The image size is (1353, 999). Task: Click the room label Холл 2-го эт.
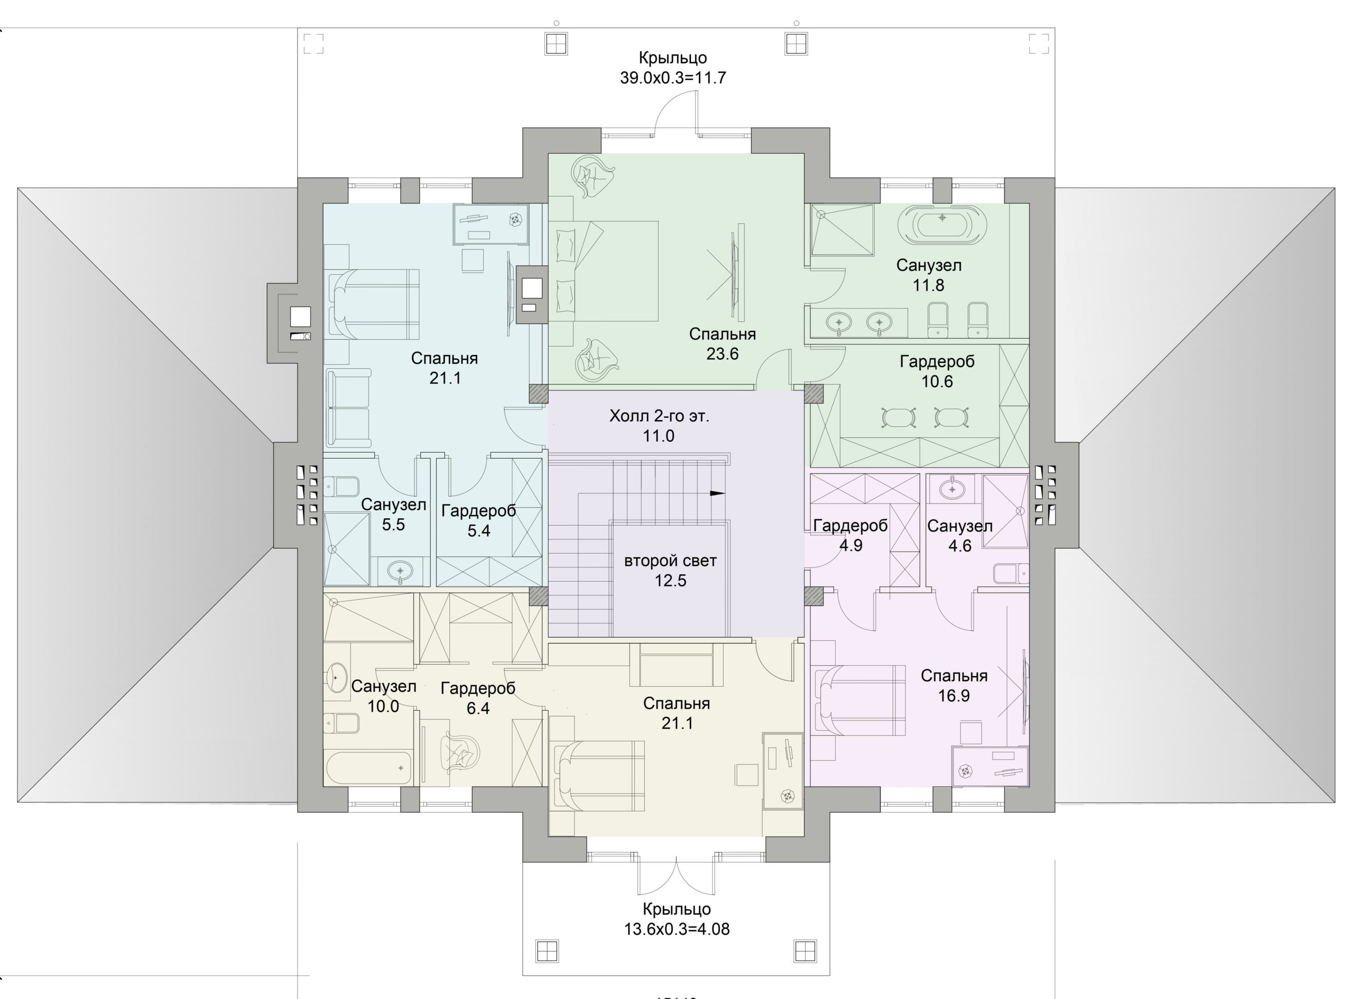(659, 416)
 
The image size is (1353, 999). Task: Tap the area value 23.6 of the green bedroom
(722, 354)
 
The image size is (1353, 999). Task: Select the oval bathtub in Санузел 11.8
(942, 225)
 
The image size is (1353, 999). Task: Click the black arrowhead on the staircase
(717, 493)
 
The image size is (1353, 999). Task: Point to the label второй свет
(670, 561)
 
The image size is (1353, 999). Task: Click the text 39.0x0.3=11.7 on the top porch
(673, 78)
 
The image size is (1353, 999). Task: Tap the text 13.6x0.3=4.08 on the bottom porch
(677, 929)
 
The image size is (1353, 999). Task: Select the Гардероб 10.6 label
(937, 371)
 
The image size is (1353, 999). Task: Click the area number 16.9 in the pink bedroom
(954, 696)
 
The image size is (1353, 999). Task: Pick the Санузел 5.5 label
(394, 515)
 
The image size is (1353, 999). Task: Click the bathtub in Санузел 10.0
(369, 768)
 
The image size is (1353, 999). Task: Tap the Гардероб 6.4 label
(478, 698)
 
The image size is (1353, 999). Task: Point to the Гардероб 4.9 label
(850, 535)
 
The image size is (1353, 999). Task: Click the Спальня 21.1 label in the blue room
(444, 368)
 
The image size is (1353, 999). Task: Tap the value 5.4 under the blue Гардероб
(478, 531)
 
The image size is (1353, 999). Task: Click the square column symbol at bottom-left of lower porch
(547, 950)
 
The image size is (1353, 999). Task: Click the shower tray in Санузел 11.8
(842, 230)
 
